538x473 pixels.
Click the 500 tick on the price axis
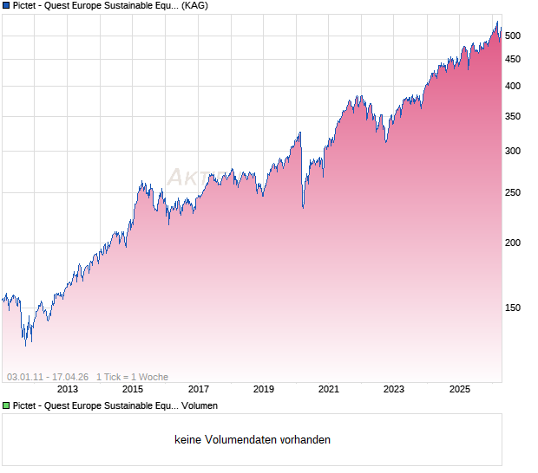click(512, 36)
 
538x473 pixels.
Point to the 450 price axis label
click(512, 59)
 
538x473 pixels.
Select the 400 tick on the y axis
click(512, 86)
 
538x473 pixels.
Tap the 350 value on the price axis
click(512, 116)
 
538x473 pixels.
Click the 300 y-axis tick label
click(512, 151)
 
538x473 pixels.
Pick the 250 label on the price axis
click(512, 192)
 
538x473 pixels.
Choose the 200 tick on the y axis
click(512, 243)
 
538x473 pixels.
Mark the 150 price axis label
click(512, 308)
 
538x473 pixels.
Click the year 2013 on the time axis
click(68, 390)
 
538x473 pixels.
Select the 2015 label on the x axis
click(133, 390)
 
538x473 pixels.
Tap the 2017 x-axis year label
click(199, 390)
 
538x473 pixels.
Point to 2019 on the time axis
click(264, 390)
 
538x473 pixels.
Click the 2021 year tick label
click(329, 390)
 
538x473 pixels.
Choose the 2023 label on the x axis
click(394, 390)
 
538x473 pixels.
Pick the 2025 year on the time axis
click(460, 390)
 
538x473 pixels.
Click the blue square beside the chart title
click(6, 5)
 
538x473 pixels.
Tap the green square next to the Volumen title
click(6, 405)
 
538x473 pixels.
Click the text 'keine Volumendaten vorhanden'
click(253, 440)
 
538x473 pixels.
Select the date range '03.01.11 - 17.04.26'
click(48, 377)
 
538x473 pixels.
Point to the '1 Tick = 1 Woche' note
click(132, 377)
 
